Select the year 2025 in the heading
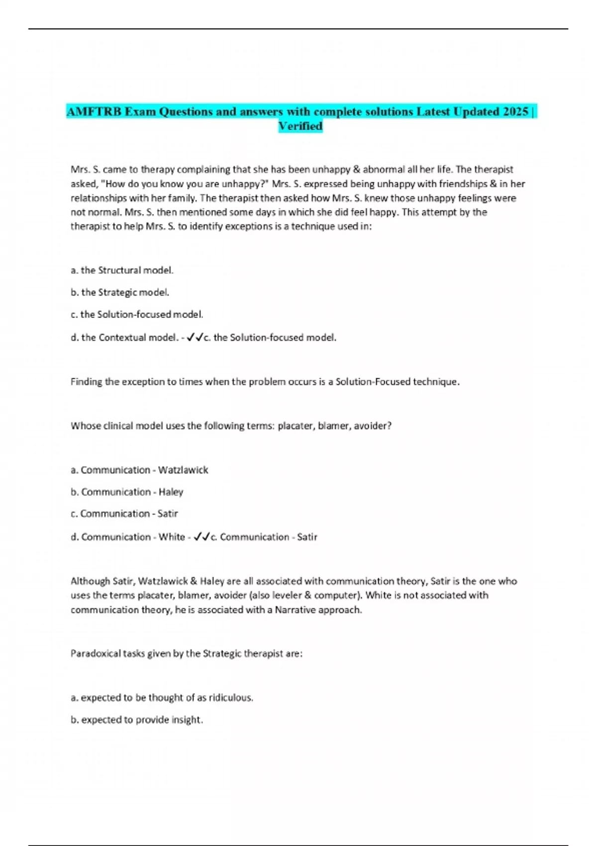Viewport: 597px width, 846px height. (515, 111)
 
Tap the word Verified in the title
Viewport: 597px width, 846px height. (300, 126)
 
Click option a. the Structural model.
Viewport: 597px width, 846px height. (122, 270)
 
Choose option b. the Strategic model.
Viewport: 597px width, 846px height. (120, 293)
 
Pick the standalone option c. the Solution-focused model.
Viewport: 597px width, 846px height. (137, 315)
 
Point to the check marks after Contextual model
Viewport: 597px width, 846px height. (195, 337)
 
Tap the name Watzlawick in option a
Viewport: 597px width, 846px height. (183, 470)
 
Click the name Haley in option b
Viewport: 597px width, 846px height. (171, 492)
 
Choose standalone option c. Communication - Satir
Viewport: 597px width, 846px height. (124, 514)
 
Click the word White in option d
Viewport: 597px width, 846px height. (172, 537)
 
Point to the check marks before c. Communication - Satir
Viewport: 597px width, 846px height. (201, 537)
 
